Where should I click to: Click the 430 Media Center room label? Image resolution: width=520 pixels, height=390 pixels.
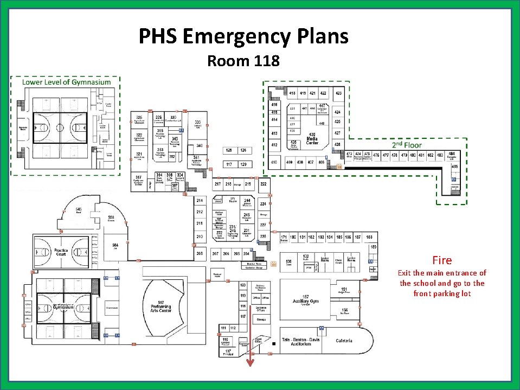tap(312, 138)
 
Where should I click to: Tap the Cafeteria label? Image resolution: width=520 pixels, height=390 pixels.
tap(344, 341)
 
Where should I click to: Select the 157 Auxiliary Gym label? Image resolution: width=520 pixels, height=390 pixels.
tap(306, 299)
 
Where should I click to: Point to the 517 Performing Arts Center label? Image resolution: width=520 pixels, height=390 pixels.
tap(161, 306)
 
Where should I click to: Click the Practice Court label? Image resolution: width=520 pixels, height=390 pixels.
tap(61, 253)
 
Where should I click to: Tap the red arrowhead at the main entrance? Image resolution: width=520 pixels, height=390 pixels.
tap(251, 363)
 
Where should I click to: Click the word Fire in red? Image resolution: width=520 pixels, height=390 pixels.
tap(442, 260)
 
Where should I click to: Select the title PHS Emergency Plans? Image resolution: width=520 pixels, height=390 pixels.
tap(243, 36)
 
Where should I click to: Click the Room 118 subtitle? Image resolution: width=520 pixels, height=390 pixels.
tap(243, 61)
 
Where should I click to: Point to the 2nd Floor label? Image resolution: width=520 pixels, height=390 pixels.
tap(407, 145)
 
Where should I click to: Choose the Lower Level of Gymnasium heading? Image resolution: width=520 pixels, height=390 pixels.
tap(66, 82)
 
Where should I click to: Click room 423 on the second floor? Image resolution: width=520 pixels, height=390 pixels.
tap(338, 93)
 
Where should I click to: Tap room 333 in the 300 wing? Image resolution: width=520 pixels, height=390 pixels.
tap(198, 123)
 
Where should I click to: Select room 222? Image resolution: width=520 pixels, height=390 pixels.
tap(263, 184)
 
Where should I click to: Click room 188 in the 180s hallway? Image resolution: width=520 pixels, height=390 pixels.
tap(369, 237)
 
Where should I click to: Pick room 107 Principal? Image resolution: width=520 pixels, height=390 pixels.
tap(228, 352)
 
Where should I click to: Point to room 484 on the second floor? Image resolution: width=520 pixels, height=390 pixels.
tap(451, 155)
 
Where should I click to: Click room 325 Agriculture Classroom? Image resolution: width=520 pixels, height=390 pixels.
tap(139, 119)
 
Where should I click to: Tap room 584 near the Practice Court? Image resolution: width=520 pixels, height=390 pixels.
tap(115, 246)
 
